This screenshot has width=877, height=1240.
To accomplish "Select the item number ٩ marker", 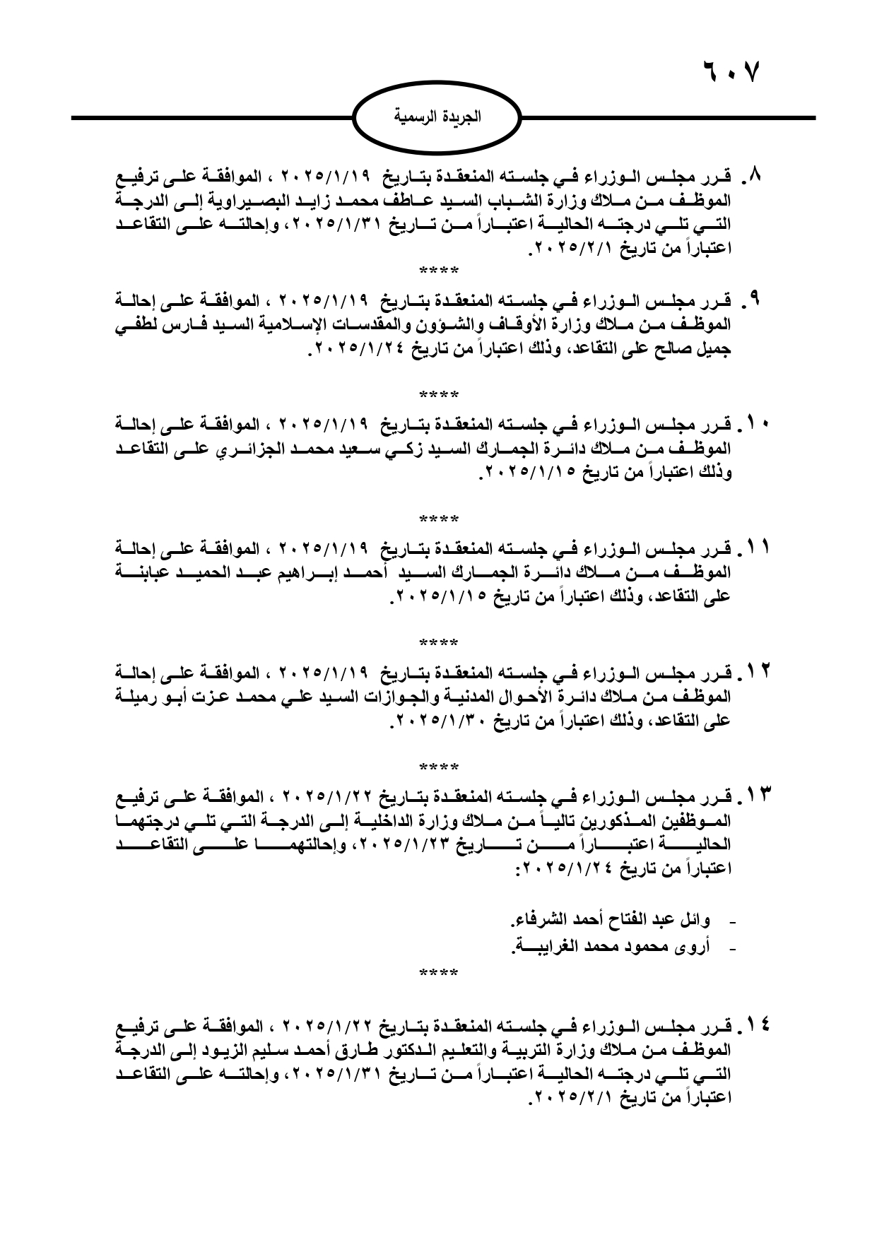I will click(754, 302).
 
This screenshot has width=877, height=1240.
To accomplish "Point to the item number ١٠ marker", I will click(755, 426).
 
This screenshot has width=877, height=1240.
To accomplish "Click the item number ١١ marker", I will click(755, 549).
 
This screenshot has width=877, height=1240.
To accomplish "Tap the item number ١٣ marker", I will click(755, 797).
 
